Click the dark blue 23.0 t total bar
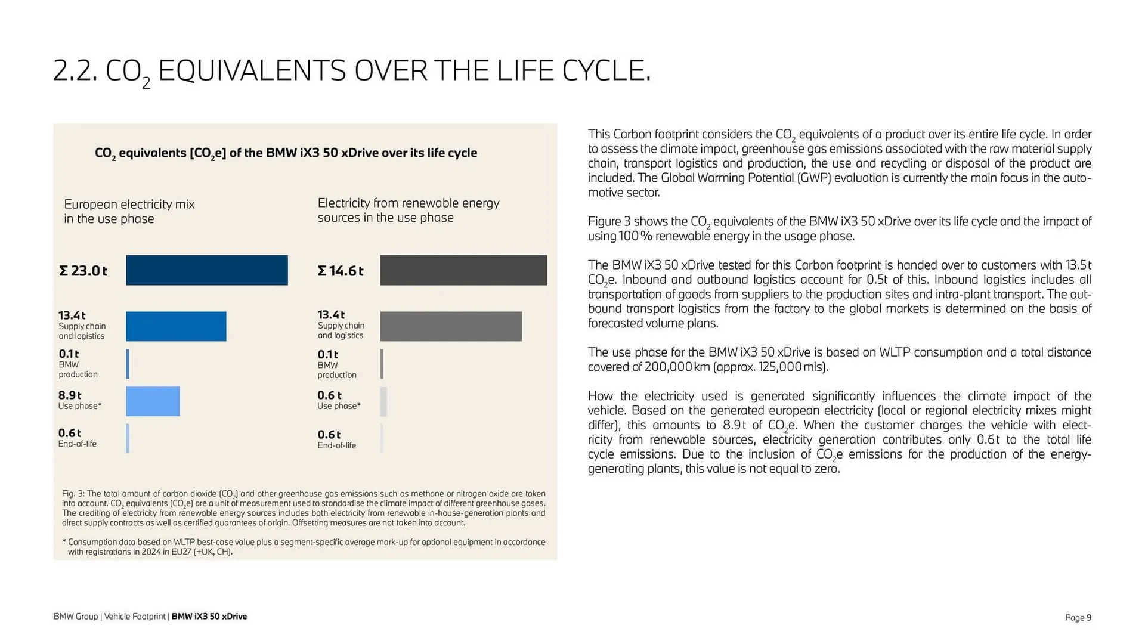click(206, 270)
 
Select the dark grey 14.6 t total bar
click(463, 270)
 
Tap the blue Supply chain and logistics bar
click(176, 326)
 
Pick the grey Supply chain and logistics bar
click(451, 326)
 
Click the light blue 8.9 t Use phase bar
click(153, 401)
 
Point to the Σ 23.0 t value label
click(83, 271)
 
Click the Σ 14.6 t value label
click(341, 271)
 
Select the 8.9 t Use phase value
click(70, 395)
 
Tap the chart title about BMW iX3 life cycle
click(286, 153)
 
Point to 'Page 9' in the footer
click(1078, 617)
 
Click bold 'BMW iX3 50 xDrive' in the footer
click(209, 617)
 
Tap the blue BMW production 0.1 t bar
click(128, 364)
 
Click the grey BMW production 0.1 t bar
click(382, 364)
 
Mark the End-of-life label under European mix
click(77, 444)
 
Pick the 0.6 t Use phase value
click(329, 395)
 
